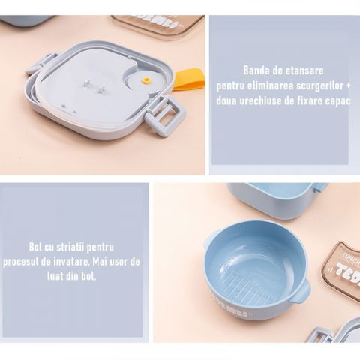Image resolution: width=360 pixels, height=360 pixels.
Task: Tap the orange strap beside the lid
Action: tap(188, 79)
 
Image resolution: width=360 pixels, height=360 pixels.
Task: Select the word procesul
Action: tap(40, 260)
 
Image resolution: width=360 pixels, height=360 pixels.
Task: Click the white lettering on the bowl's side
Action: tap(227, 307)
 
